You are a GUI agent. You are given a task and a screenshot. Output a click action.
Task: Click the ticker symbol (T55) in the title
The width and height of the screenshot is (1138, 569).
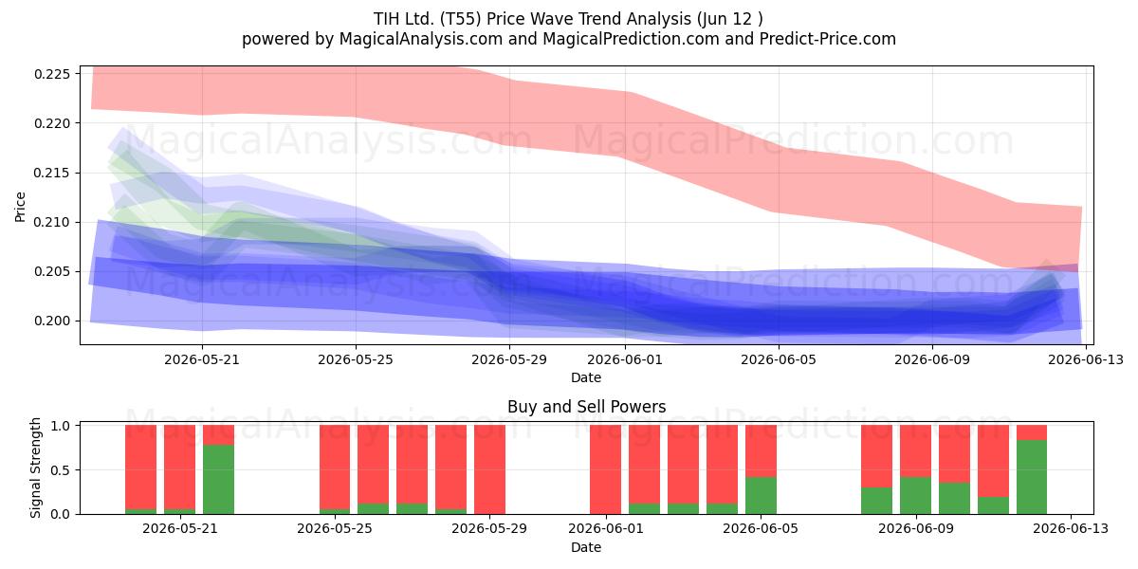460,19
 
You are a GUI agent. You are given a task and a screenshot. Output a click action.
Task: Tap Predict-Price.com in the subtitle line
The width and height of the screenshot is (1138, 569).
828,39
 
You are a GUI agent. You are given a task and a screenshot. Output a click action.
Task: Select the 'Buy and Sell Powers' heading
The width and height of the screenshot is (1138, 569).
586,407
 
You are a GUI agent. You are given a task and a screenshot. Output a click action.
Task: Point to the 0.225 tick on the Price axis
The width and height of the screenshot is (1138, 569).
51,74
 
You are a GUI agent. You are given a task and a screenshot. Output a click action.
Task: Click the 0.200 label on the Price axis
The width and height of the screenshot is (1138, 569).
51,321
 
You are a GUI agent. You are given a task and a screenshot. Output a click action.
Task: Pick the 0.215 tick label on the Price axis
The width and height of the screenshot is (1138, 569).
51,174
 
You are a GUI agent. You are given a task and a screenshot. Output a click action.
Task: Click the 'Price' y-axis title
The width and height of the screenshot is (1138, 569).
20,207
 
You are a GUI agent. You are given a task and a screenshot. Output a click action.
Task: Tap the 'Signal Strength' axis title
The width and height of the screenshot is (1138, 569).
35,468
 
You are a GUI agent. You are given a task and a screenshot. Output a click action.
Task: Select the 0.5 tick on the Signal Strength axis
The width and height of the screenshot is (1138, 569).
60,470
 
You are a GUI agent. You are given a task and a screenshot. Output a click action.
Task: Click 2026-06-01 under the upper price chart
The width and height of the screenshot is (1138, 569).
625,359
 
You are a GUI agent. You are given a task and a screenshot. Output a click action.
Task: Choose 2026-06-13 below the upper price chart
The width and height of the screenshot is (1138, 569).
1086,359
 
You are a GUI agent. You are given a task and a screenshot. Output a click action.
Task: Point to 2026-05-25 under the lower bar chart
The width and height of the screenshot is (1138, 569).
334,528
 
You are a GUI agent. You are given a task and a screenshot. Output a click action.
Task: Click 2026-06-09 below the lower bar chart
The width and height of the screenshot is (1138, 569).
915,528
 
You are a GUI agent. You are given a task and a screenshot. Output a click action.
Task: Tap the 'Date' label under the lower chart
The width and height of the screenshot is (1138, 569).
586,547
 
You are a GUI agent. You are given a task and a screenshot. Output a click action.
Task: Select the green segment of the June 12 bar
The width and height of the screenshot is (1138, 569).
1032,477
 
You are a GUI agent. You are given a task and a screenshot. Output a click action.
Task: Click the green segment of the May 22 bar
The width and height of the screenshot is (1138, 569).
218,480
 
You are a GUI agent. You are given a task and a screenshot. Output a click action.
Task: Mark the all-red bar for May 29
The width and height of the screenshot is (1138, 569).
489,469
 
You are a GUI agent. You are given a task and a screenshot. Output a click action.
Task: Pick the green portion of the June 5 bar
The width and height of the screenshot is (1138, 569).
761,496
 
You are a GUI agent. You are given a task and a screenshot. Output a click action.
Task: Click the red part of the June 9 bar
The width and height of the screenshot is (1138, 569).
915,451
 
